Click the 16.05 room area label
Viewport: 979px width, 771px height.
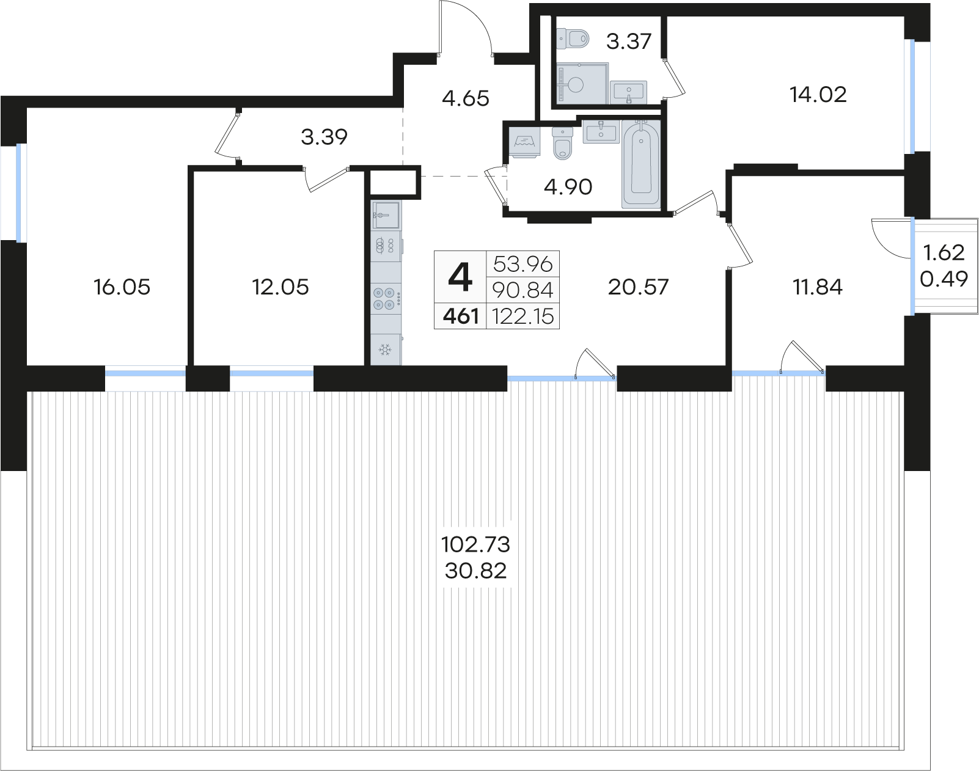[x=122, y=287]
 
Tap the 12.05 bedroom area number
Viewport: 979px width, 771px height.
[x=280, y=287]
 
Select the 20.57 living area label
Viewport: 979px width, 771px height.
[x=638, y=287]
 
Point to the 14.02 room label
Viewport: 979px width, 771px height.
[x=818, y=95]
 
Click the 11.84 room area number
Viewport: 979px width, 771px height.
[x=818, y=287]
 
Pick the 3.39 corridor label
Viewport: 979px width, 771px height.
[x=324, y=136]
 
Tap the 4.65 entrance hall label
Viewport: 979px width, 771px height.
[x=466, y=98]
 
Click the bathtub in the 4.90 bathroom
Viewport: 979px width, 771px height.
[x=641, y=164]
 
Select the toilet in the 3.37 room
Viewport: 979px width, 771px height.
[x=573, y=38]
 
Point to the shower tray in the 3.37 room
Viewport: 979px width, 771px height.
[x=582, y=84]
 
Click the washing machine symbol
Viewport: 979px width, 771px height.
[x=525, y=142]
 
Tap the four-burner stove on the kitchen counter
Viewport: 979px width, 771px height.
[x=385, y=298]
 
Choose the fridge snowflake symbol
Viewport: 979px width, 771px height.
[x=386, y=350]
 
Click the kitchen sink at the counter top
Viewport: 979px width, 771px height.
[x=386, y=214]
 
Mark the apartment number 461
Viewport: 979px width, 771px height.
[x=461, y=316]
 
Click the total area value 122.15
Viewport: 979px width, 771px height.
[x=522, y=316]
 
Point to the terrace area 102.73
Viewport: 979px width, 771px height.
[x=476, y=544]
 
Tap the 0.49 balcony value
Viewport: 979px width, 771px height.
[x=944, y=279]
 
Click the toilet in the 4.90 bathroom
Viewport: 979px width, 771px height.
[x=563, y=144]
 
